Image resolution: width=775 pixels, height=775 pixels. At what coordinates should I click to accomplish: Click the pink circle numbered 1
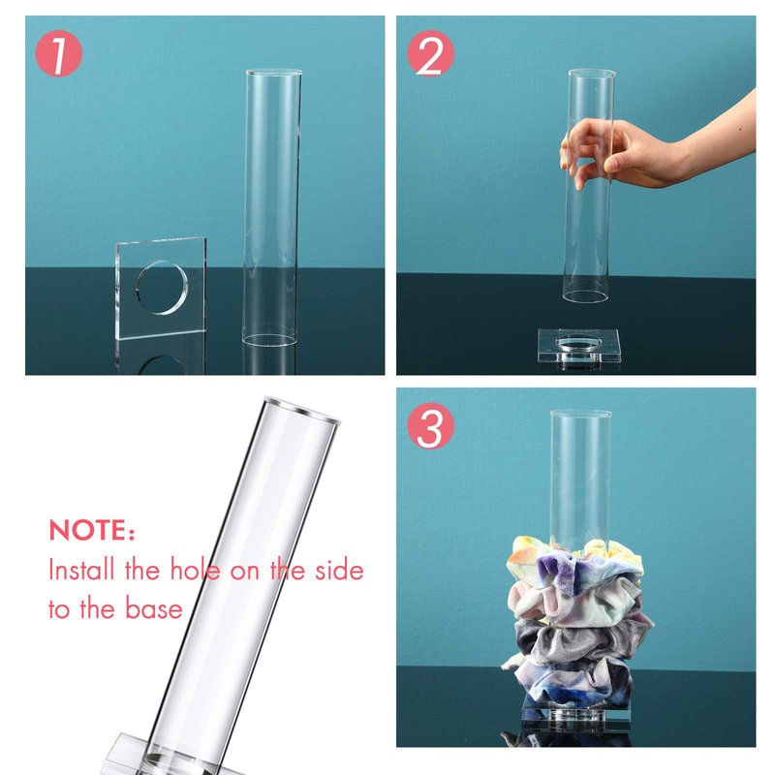[58, 53]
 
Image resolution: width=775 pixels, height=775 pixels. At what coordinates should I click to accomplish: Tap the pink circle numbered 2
[430, 53]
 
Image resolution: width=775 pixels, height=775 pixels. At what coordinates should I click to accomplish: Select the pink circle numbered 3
[430, 425]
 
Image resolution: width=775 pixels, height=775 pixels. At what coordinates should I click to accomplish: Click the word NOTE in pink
[88, 530]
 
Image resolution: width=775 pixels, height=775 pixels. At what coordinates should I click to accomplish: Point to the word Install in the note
[81, 569]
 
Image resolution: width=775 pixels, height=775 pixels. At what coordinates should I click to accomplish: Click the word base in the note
[154, 608]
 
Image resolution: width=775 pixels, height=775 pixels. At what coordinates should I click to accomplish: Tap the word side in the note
[340, 570]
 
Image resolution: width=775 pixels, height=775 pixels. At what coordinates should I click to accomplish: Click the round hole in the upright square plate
[162, 287]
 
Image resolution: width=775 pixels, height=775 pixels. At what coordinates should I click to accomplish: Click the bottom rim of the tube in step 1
[269, 340]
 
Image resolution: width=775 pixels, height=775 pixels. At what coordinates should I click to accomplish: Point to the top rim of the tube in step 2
[592, 74]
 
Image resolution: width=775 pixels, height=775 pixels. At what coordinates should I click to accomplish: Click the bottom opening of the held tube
[585, 296]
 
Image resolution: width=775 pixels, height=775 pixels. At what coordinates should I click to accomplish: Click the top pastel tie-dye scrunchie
[575, 564]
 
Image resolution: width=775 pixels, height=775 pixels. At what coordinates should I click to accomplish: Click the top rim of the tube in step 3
[580, 414]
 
